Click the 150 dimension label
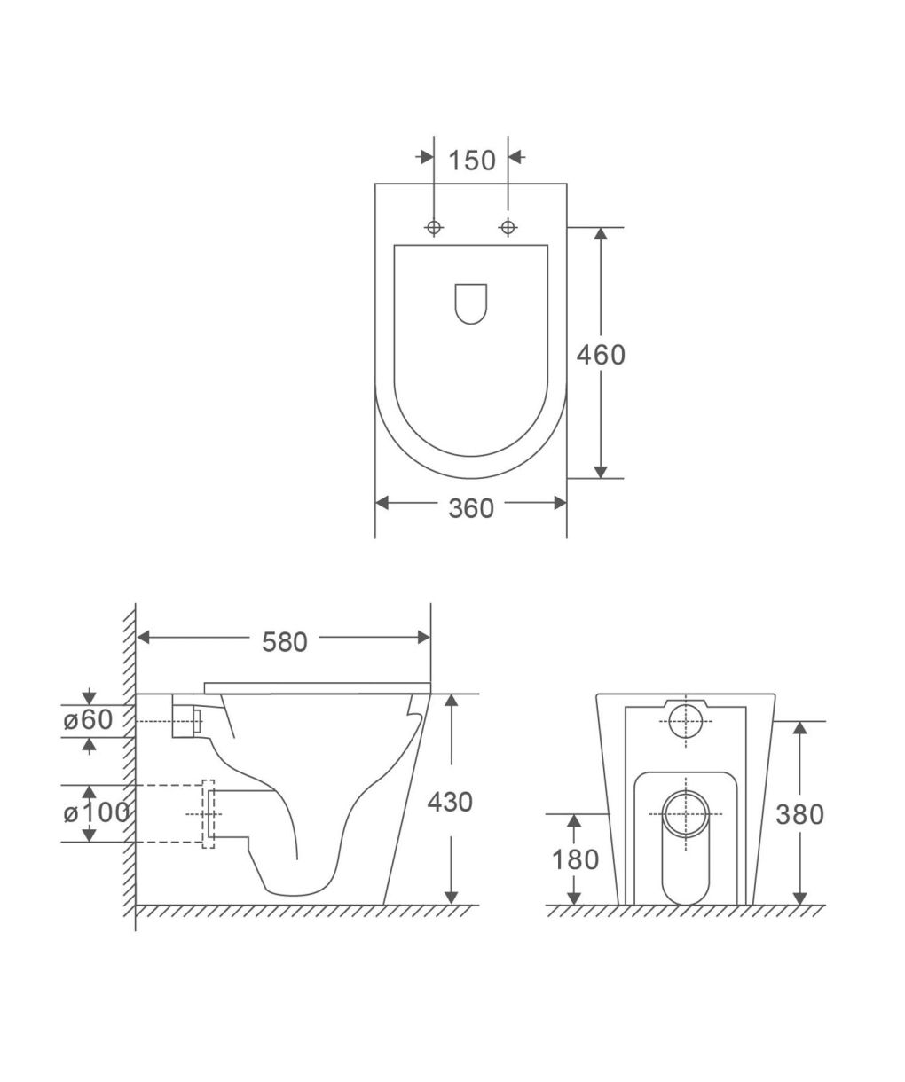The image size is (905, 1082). pyautogui.click(x=472, y=161)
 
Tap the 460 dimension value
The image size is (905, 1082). pyautogui.click(x=601, y=355)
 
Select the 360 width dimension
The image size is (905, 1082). pyautogui.click(x=471, y=508)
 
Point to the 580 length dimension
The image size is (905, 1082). pyautogui.click(x=285, y=643)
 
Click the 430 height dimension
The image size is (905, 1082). pyautogui.click(x=450, y=803)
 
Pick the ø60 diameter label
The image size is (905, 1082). pyautogui.click(x=88, y=720)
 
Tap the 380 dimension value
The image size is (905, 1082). pyautogui.click(x=799, y=815)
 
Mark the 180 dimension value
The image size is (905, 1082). pyautogui.click(x=575, y=861)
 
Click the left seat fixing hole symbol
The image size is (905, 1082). pyautogui.click(x=434, y=227)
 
